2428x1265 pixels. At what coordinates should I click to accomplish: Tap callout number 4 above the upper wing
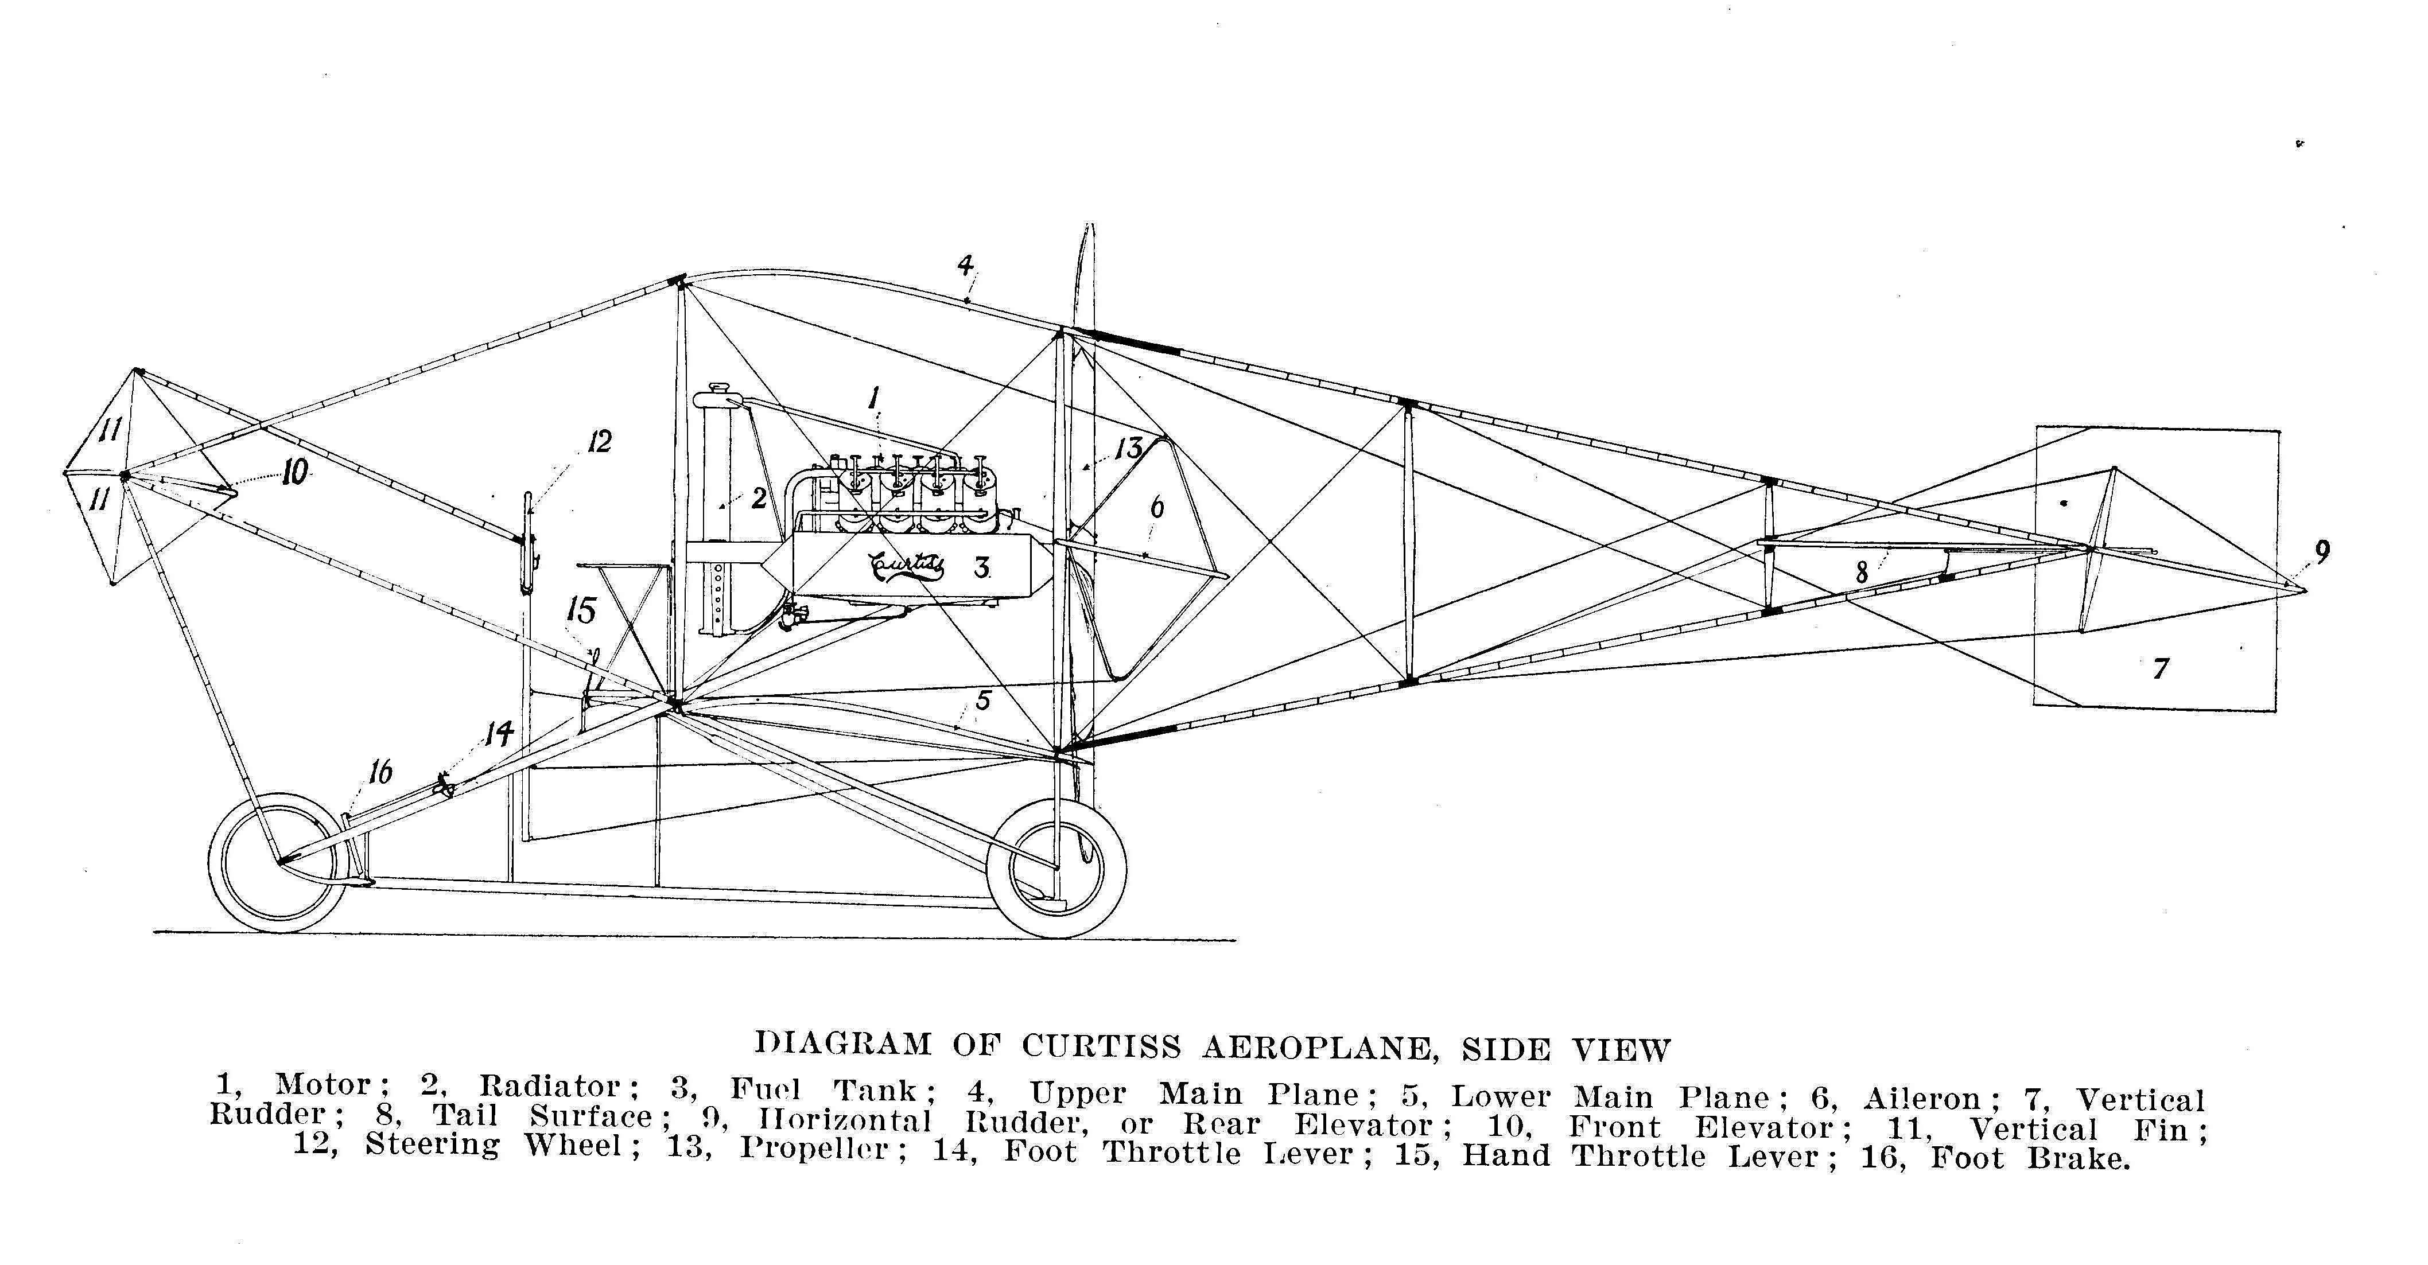click(965, 265)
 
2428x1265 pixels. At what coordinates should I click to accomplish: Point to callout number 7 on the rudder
click(2161, 668)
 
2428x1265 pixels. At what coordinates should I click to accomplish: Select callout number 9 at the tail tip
click(2321, 551)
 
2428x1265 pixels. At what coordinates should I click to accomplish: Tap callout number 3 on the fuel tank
click(982, 567)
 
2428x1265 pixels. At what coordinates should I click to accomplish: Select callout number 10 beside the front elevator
click(295, 472)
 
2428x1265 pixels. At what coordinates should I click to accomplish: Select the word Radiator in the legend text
click(550, 1086)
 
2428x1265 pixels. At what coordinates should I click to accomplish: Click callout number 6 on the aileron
click(1156, 508)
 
